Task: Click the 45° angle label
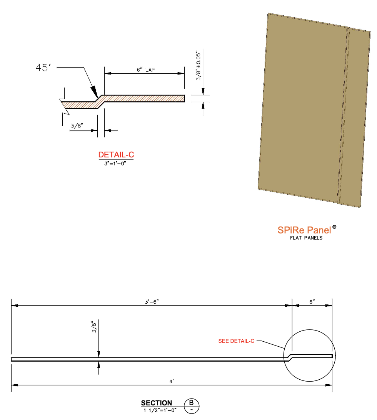coord(43,68)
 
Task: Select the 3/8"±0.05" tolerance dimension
coord(199,65)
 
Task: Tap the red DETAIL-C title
coord(116,155)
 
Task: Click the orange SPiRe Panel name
coord(304,230)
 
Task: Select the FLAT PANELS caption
coord(306,238)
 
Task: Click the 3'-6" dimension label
coord(152,302)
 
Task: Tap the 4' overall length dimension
coord(172,381)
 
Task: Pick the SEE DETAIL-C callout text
coord(236,341)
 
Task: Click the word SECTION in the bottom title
coord(157,403)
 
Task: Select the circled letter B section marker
coord(192,403)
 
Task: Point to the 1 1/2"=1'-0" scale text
coord(160,410)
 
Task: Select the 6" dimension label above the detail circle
coord(312,302)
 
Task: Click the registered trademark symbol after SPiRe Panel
coord(334,227)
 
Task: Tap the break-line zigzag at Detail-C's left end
coord(64,106)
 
